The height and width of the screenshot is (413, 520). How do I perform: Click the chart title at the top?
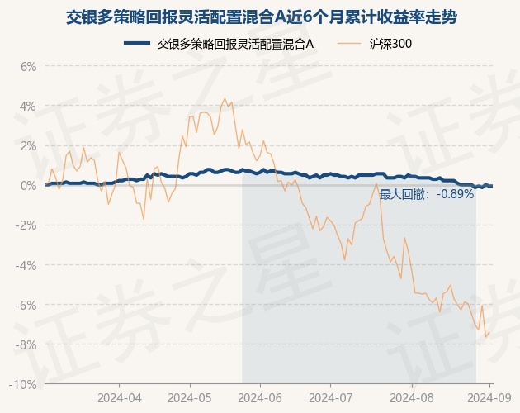click(260, 16)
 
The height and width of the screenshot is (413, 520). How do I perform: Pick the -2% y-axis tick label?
click(27, 225)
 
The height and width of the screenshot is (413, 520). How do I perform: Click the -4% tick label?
click(27, 265)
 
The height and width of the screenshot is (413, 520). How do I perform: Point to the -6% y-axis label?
click(27, 305)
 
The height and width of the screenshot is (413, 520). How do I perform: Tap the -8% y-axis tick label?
click(27, 344)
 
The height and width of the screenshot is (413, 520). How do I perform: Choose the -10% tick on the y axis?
click(25, 384)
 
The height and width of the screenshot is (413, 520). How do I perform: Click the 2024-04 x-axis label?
click(120, 397)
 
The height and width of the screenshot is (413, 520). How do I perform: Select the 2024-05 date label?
click(190, 397)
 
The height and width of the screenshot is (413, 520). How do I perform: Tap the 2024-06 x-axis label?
click(260, 397)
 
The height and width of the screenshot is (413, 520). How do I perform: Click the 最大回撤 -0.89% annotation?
click(427, 194)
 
